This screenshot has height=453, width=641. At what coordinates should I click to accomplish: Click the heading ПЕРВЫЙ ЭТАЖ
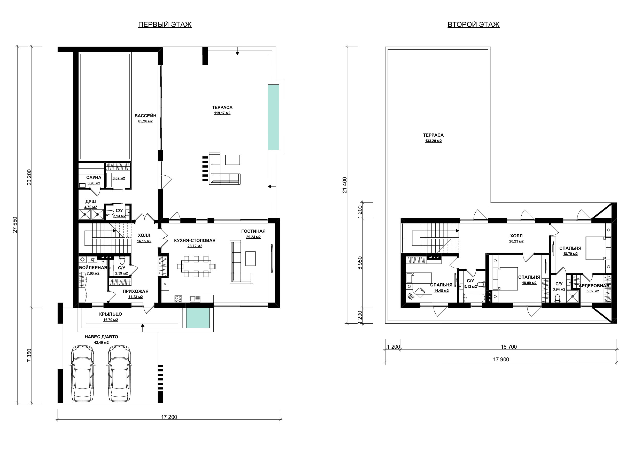(165, 25)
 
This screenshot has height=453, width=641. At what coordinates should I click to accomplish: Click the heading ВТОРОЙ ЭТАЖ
(474, 25)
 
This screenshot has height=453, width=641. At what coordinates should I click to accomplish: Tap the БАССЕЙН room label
(145, 116)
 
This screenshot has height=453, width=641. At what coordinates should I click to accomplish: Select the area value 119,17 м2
(222, 113)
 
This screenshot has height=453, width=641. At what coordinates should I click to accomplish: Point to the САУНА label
(94, 177)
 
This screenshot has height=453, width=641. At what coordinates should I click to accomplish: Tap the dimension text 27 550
(15, 225)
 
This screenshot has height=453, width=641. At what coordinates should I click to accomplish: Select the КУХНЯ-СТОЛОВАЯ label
(195, 240)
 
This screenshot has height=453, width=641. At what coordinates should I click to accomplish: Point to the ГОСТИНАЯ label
(253, 231)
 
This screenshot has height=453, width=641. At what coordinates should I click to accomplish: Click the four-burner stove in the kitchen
(178, 299)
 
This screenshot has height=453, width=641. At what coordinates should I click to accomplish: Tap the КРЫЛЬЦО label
(111, 314)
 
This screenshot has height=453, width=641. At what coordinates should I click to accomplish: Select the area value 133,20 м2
(433, 141)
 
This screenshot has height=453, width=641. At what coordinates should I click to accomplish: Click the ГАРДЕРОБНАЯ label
(593, 286)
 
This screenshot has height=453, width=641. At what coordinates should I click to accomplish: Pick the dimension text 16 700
(509, 347)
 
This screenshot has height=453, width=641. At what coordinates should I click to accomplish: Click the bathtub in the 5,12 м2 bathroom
(474, 298)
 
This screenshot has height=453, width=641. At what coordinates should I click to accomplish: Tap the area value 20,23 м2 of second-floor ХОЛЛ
(516, 241)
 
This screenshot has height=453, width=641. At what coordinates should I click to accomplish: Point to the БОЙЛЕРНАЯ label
(93, 268)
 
